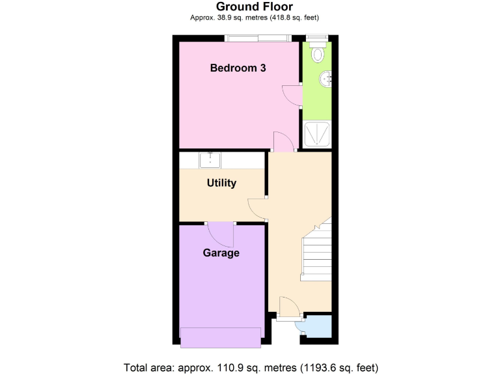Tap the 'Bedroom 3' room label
coord(238,68)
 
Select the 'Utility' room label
coord(221,183)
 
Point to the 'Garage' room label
coord(221,253)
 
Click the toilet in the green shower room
coord(318,55)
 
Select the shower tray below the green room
coord(318,135)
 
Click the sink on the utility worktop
coord(210,160)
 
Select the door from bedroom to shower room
coord(292,95)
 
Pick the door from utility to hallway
coord(258,208)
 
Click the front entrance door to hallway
coord(287,307)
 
